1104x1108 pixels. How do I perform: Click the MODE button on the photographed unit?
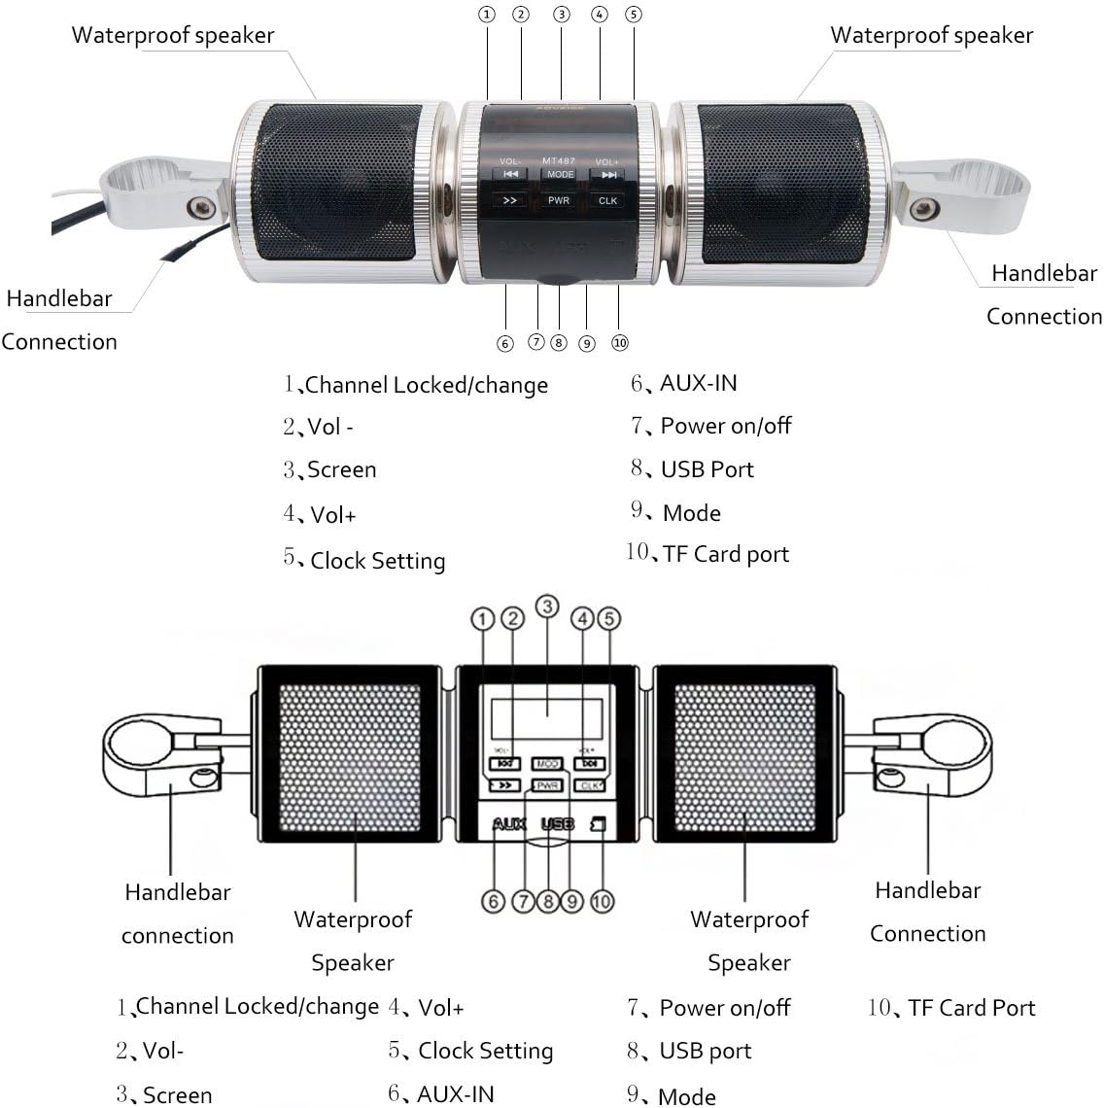pyautogui.click(x=560, y=175)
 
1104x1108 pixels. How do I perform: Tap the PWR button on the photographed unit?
pyautogui.click(x=559, y=200)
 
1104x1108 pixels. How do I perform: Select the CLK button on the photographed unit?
pyautogui.click(x=607, y=200)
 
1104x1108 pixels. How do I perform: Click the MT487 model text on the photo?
pyautogui.click(x=559, y=161)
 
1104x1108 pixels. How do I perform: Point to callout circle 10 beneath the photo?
pyautogui.click(x=620, y=342)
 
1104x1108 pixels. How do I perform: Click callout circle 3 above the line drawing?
pyautogui.click(x=548, y=607)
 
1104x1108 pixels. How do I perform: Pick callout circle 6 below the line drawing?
pyautogui.click(x=494, y=902)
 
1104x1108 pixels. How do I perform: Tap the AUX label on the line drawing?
pyautogui.click(x=509, y=824)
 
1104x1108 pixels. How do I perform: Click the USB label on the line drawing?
pyautogui.click(x=557, y=824)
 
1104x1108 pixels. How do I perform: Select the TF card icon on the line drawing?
pyautogui.click(x=599, y=824)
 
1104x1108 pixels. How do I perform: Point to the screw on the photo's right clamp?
pyautogui.click(x=923, y=207)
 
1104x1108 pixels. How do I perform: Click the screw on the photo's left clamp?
pyautogui.click(x=202, y=205)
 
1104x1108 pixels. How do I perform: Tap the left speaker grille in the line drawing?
pyautogui.click(x=351, y=757)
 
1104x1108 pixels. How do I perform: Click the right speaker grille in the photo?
pyautogui.click(x=783, y=183)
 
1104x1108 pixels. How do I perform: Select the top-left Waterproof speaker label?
pyautogui.click(x=173, y=36)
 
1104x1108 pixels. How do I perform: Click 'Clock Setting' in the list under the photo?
pyautogui.click(x=377, y=561)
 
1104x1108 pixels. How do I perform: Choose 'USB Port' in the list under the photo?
pyautogui.click(x=707, y=469)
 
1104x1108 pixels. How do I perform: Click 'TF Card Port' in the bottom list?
pyautogui.click(x=971, y=1008)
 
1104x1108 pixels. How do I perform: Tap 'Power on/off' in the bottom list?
pyautogui.click(x=724, y=1008)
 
